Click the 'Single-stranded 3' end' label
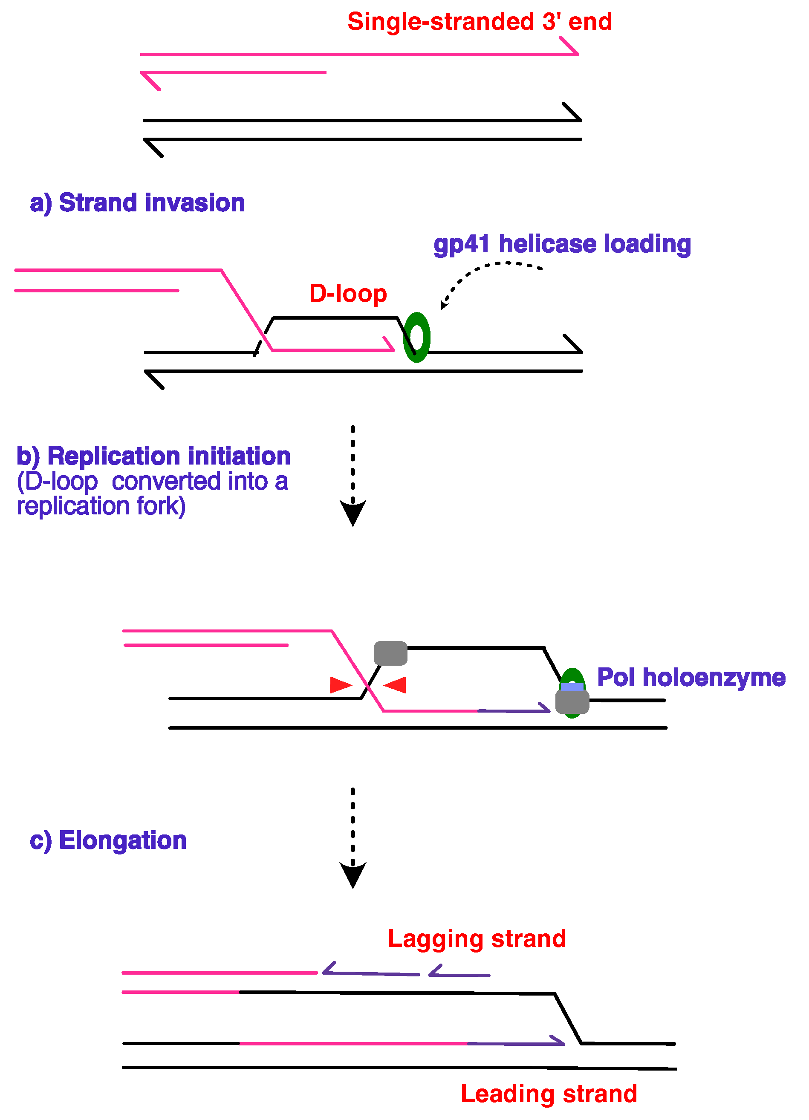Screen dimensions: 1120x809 [479, 22]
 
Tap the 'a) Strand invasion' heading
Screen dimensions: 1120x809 [137, 203]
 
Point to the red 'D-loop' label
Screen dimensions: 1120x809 [348, 294]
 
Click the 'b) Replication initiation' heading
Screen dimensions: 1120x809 [153, 456]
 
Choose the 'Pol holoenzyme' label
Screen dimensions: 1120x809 [691, 677]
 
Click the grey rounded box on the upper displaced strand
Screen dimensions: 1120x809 [390, 653]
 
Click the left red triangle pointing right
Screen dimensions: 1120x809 [340, 685]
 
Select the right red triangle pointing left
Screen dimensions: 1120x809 [396, 685]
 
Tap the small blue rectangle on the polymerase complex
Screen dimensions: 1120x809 [572, 687]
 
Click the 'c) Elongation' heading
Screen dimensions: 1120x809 [108, 840]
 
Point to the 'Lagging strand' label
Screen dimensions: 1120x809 [476, 938]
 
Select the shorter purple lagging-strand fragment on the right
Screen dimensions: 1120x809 [459, 974]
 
